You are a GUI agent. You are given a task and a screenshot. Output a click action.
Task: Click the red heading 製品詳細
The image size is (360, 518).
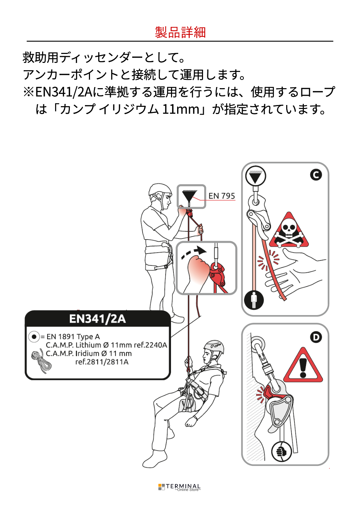coord(180,32)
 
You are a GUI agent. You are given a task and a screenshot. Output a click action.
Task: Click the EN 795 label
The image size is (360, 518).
coord(221,196)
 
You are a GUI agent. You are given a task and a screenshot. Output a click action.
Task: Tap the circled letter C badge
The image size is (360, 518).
coord(316,175)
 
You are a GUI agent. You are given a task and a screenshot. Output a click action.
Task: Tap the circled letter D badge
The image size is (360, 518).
coord(316,337)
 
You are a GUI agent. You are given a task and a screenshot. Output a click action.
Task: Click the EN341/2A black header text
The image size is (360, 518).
coord(98,319)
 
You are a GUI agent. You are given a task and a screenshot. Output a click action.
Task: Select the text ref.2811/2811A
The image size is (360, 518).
coord(102,362)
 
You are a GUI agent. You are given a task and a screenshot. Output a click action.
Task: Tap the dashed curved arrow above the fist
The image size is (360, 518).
coord(194,253)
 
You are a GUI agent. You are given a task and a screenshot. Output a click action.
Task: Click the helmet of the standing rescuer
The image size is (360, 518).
coord(159,190)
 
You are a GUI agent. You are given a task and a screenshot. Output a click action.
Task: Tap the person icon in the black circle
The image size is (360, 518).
coord(254,301)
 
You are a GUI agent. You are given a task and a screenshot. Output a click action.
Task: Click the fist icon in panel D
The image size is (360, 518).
coord(281,451)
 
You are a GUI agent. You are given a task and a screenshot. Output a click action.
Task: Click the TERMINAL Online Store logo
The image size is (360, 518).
coord(179,487)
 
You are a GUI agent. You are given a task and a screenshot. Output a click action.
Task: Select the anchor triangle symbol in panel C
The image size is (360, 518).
coord(256,176)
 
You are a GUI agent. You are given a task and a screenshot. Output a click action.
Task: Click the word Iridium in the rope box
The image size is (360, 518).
coord(87,354)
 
